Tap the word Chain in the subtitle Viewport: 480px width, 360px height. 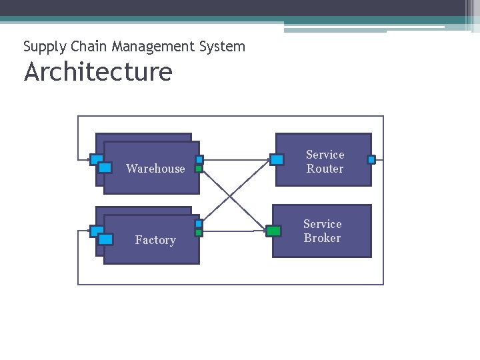coord(89,47)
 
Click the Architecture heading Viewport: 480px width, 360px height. coord(98,72)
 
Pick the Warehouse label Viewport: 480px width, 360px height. coord(155,169)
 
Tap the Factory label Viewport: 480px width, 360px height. coord(155,240)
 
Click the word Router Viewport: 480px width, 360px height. coord(325,169)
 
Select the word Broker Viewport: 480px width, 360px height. coord(322,238)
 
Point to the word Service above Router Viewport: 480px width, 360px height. coord(325,155)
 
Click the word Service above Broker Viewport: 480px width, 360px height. coord(322,224)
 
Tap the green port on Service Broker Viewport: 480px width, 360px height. coord(273,231)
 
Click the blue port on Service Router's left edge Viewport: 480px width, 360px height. coord(277,159)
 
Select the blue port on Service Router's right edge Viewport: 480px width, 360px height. coord(371,159)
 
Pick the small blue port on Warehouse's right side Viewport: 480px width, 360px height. coord(199,160)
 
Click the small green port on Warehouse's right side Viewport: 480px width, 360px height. coord(199,169)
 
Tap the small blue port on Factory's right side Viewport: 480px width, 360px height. coord(199,223)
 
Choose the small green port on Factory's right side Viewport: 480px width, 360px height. coord(199,233)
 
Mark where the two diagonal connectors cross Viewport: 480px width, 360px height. coord(230,195)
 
